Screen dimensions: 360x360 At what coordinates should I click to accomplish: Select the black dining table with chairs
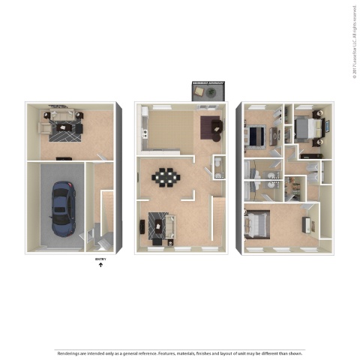pyautogui.click(x=164, y=178)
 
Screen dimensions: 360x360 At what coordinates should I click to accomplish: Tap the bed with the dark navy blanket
pyautogui.click(x=256, y=135)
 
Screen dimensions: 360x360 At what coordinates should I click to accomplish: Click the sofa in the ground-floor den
pyautogui.click(x=59, y=115)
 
